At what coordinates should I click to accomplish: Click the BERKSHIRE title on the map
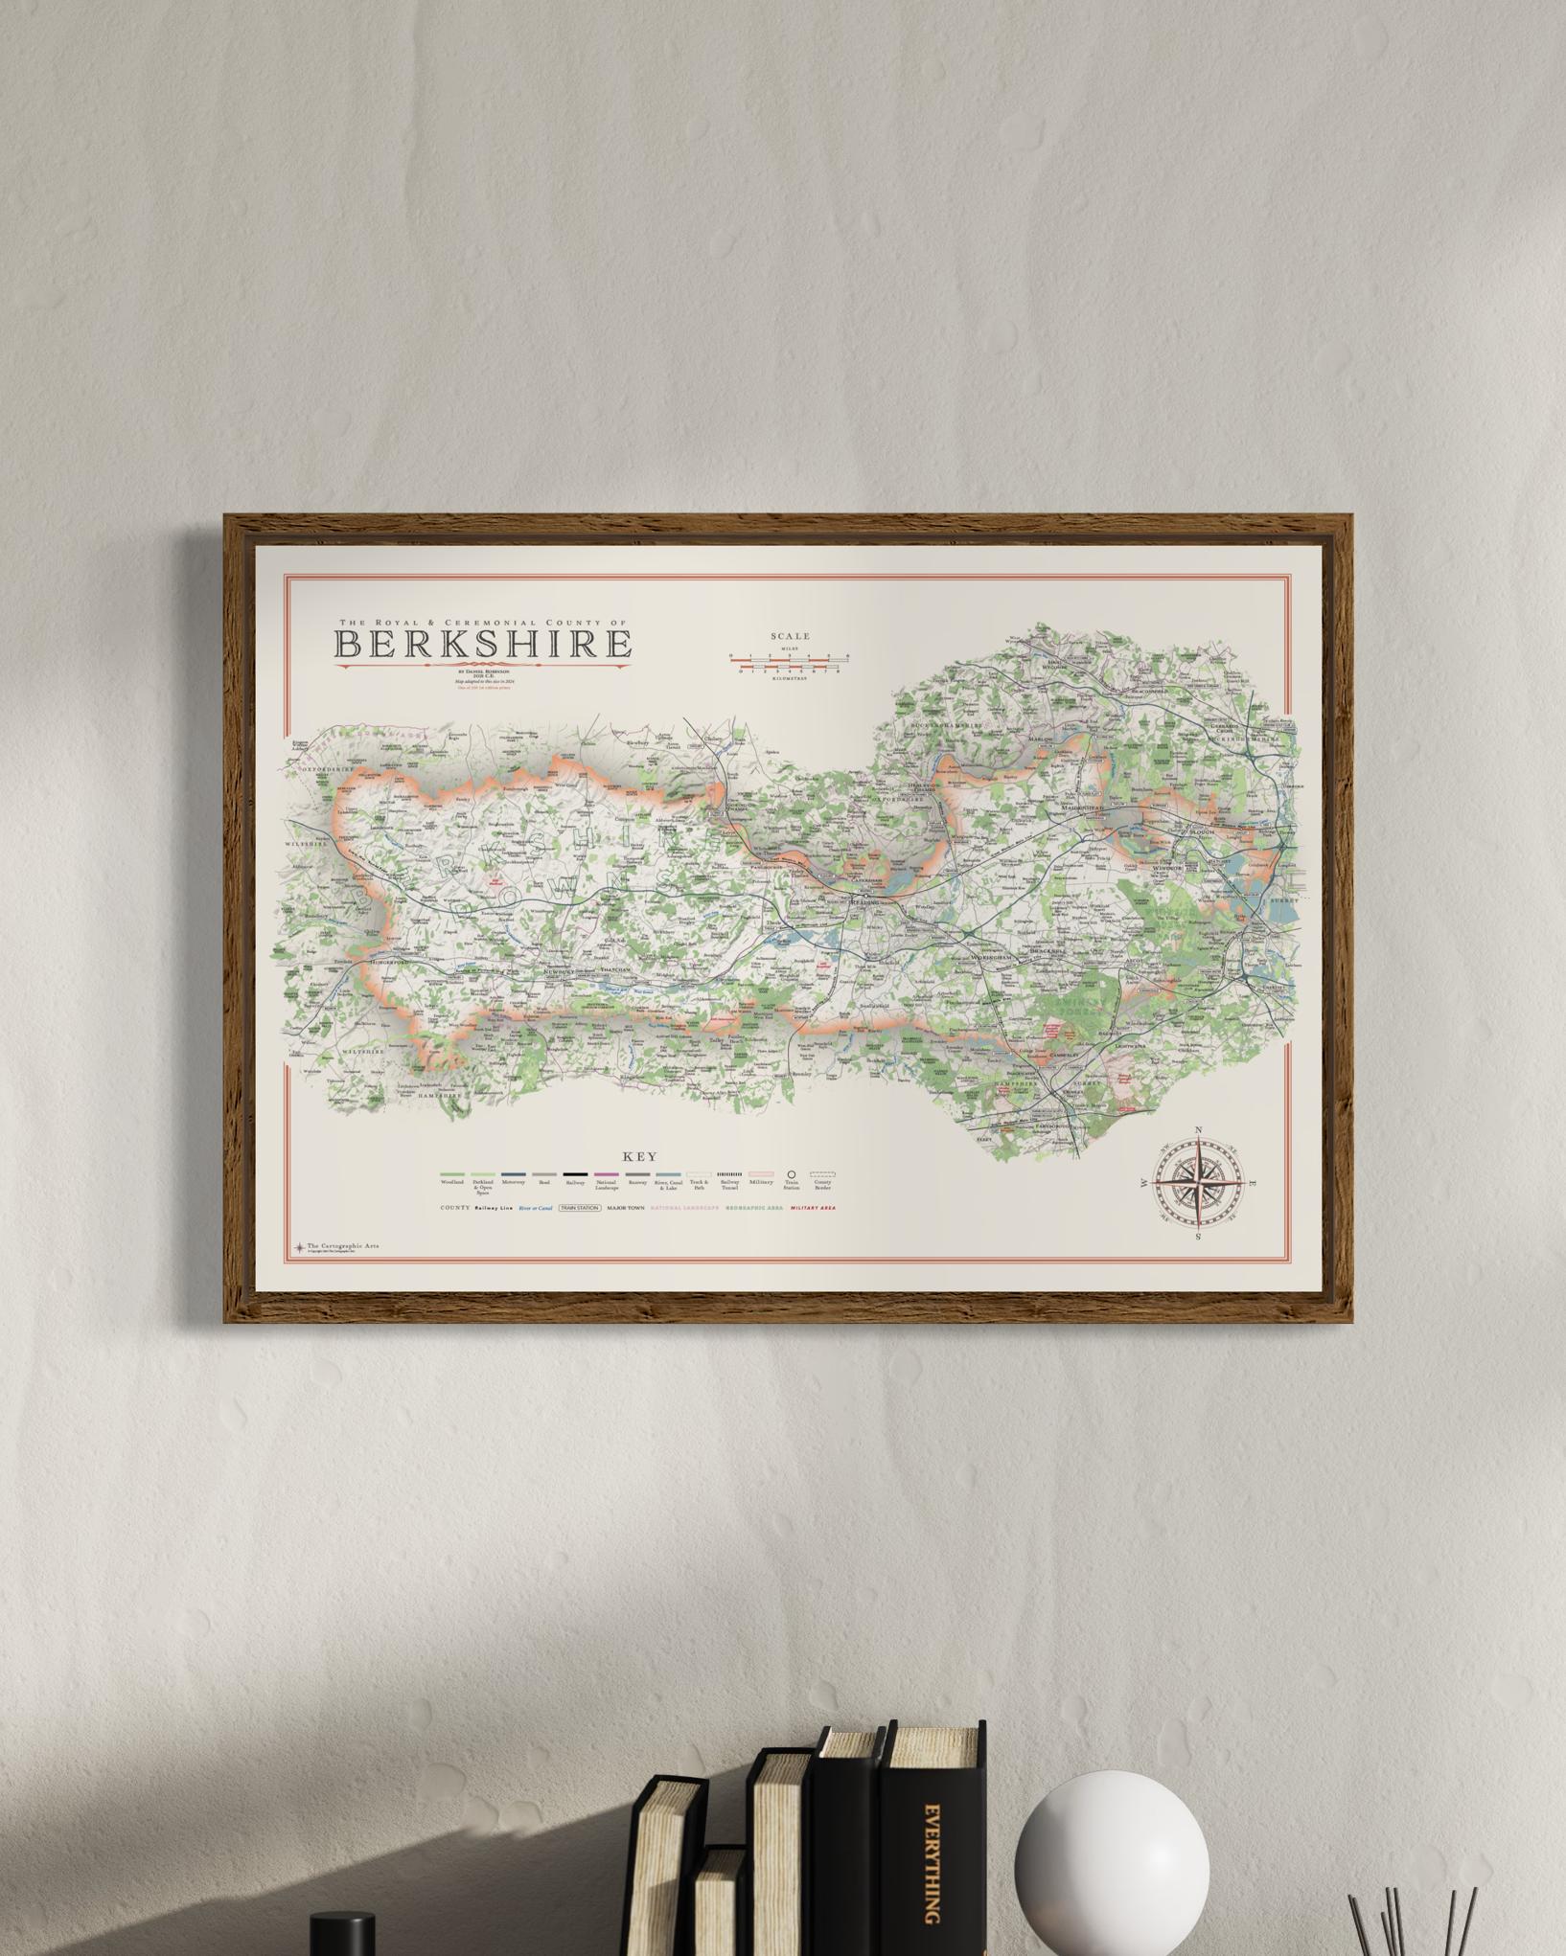coord(482,644)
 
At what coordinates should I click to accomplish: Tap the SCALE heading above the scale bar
coord(790,636)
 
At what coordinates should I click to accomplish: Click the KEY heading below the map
coord(640,1157)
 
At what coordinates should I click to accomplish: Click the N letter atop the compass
coord(1198,1131)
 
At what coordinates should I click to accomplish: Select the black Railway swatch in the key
coord(575,1173)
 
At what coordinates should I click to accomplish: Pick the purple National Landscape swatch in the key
coord(606,1173)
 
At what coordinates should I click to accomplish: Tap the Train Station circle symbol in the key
coord(792,1173)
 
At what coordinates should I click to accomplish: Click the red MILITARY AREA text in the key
coord(813,1209)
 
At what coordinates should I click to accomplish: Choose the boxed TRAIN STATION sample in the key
coord(580,1209)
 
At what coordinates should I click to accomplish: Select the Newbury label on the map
coord(559,971)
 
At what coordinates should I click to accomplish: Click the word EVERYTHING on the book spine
coord(931,1862)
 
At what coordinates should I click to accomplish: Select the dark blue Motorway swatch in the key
coord(513,1173)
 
